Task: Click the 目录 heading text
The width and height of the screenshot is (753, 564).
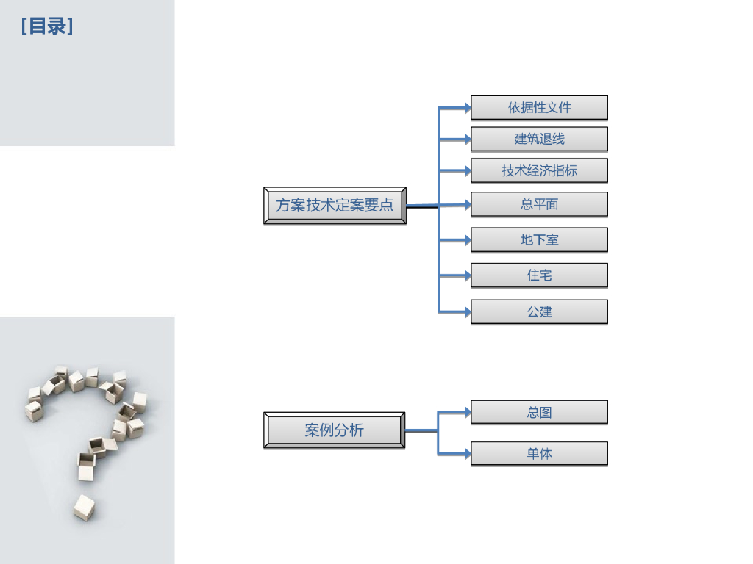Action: (47, 26)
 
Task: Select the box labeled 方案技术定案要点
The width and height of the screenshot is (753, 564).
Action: (335, 206)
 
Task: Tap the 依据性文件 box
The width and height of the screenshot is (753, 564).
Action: (539, 107)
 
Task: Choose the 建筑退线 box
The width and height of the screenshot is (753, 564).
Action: (539, 139)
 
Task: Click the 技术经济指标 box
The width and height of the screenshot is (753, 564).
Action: (539, 170)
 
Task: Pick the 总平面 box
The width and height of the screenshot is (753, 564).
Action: (539, 204)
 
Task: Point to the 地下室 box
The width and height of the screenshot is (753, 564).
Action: (539, 239)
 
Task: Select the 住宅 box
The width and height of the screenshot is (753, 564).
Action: (539, 275)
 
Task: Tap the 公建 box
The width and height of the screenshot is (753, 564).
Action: (539, 311)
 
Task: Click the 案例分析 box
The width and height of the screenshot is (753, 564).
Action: (334, 430)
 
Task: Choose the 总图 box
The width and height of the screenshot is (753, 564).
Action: (539, 412)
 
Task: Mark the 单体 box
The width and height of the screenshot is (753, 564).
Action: (539, 453)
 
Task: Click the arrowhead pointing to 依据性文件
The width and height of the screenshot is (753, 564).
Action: (466, 108)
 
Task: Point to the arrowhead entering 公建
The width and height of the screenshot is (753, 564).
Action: (466, 312)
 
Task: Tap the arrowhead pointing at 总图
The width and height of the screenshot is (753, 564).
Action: (466, 413)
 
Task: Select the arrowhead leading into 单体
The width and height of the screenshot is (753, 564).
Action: (466, 454)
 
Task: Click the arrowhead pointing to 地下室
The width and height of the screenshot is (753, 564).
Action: (466, 240)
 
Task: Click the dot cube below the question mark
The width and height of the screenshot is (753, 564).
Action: (84, 507)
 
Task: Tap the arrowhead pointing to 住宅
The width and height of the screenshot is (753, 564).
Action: (466, 276)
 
